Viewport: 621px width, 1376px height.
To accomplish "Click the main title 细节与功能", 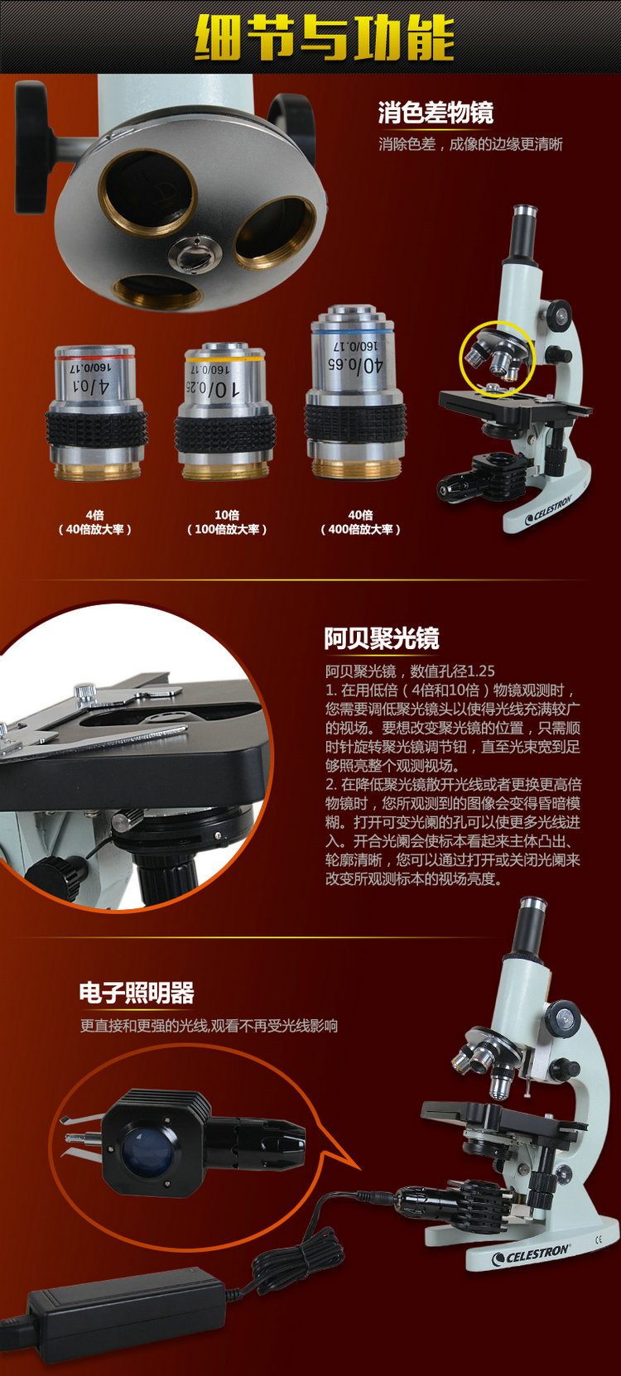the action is coord(325,38).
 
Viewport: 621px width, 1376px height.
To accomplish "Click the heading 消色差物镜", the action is coord(436,113).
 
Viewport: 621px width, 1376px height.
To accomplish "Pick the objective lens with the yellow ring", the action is coord(225,411).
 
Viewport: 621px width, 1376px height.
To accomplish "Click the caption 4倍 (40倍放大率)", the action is coord(94,522).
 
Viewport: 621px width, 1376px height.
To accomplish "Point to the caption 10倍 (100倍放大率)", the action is coord(227,522).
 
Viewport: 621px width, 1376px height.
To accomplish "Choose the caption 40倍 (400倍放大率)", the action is coord(360,522).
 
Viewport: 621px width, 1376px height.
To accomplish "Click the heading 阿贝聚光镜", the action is coord(382,638).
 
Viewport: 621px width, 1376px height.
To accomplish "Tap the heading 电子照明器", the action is coord(137,993).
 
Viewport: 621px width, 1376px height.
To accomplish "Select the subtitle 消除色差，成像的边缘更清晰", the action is coord(470,144).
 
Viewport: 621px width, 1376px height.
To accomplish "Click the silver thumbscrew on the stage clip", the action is coord(84,690).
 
